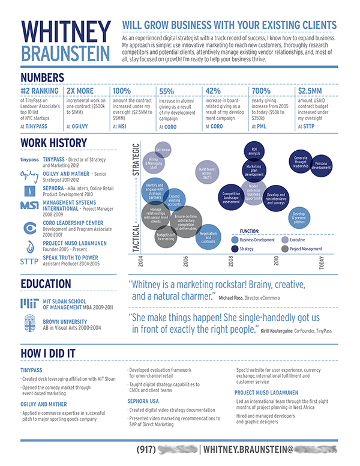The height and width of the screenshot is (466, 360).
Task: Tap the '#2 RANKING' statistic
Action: coord(40,91)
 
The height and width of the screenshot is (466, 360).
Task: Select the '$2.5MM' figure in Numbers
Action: coord(310,91)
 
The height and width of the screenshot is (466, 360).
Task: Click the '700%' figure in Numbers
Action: coord(261,91)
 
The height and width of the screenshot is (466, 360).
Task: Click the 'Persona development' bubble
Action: coord(321,165)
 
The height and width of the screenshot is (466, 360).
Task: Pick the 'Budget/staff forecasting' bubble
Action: coord(166,237)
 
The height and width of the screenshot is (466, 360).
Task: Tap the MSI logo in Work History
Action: coord(29,206)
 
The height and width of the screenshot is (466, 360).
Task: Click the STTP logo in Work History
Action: coord(29,261)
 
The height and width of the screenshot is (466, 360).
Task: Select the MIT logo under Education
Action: coord(29,303)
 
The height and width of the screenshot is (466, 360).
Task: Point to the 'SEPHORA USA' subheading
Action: coord(143,399)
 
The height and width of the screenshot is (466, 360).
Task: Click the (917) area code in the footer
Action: coord(147,449)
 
